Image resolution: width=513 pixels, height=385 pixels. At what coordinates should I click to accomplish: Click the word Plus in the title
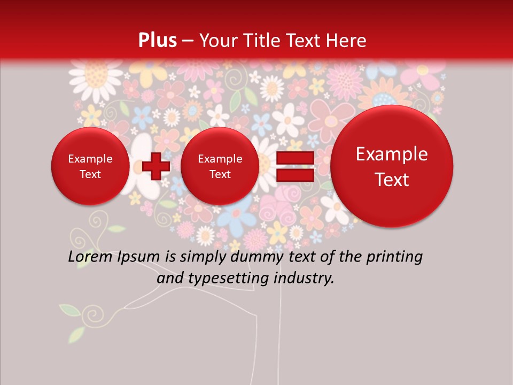tap(158, 41)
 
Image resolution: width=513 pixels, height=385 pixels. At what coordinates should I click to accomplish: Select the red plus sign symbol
tap(156, 166)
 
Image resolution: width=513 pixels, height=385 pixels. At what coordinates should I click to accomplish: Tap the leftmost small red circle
tap(90, 166)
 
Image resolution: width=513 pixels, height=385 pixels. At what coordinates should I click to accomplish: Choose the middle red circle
tap(220, 166)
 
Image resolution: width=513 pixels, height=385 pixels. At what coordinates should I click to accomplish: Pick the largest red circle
tap(392, 166)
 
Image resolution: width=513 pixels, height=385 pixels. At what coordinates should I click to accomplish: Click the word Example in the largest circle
tap(392, 154)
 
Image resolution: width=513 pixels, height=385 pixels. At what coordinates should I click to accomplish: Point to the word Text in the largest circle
tap(392, 180)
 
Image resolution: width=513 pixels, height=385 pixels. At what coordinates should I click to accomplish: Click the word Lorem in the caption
tap(90, 257)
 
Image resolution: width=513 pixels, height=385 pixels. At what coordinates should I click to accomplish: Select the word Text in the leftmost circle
tap(90, 174)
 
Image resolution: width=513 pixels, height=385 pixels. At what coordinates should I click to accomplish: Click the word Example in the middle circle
tap(220, 159)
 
